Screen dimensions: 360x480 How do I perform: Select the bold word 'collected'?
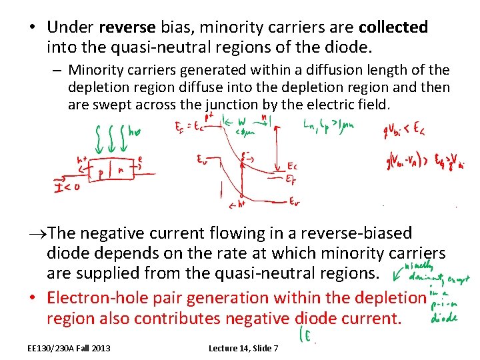click(x=393, y=28)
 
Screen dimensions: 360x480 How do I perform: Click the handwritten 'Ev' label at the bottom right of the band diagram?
click(x=294, y=200)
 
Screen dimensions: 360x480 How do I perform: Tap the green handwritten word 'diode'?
click(x=443, y=318)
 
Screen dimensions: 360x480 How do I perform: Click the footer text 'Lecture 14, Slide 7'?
click(x=243, y=348)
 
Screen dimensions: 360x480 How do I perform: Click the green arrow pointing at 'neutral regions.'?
click(x=396, y=271)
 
